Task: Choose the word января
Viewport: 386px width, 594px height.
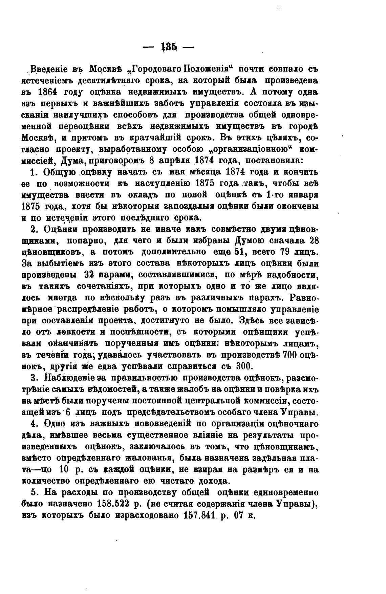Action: click(x=304, y=195)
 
